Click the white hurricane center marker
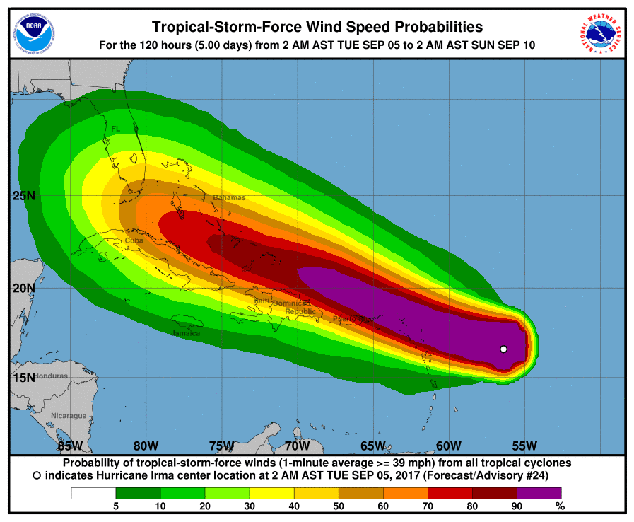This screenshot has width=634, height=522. (x=503, y=349)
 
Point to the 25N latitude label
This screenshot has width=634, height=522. (x=23, y=196)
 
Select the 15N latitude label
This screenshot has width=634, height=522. (x=23, y=376)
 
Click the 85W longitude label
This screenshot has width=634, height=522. (x=71, y=446)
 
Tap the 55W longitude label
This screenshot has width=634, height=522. (x=524, y=446)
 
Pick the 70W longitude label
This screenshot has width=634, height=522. (x=298, y=446)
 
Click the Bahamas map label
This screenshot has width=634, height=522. (x=229, y=197)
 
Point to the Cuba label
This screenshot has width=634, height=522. (x=134, y=240)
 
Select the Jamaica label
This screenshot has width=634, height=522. (x=186, y=332)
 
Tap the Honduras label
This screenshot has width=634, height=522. (x=51, y=376)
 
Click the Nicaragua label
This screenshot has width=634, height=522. (x=69, y=415)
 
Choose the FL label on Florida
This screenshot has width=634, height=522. (x=116, y=129)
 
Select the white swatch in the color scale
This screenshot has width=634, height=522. (x=93, y=492)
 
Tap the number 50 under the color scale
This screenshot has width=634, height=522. (x=339, y=506)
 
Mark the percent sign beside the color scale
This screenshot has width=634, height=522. (x=560, y=506)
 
